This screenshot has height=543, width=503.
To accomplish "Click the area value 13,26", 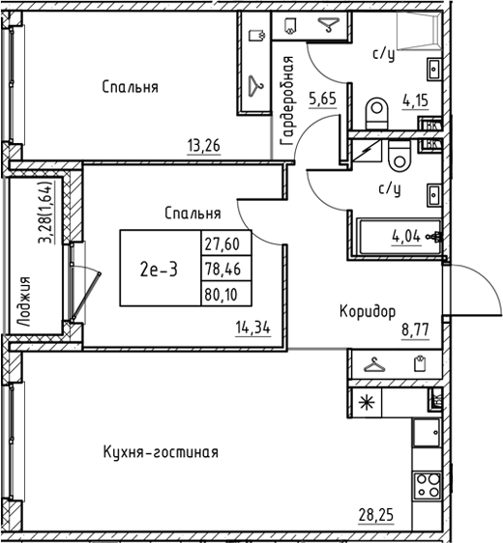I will [x=204, y=147].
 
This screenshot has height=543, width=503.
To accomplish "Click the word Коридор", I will [x=367, y=311].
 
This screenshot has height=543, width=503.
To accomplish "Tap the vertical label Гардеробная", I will [x=287, y=101].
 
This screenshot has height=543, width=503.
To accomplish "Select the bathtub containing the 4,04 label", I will [x=398, y=235].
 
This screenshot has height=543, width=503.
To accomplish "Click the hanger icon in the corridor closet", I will [x=372, y=365].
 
